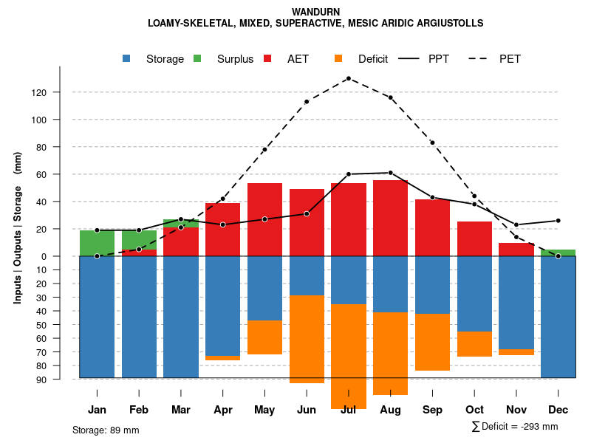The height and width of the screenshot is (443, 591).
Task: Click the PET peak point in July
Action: (348, 78)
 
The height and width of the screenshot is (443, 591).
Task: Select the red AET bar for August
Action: (390, 218)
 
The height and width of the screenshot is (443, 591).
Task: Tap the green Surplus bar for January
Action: (97, 243)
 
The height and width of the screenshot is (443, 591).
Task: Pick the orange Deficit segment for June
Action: (307, 339)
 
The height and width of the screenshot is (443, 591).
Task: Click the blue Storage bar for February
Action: (139, 317)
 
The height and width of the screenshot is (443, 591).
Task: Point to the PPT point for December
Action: (558, 221)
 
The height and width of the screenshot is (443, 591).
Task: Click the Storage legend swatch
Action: (127, 59)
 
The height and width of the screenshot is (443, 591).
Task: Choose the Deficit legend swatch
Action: (339, 59)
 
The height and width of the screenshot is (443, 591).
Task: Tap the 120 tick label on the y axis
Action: (59, 92)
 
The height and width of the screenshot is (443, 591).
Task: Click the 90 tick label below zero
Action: (62, 380)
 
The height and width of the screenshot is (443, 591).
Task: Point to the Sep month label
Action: (432, 410)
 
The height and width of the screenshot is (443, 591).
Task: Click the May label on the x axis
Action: (264, 410)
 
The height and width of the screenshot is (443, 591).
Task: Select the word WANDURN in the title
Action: (315, 12)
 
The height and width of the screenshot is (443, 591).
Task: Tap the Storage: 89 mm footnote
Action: (106, 430)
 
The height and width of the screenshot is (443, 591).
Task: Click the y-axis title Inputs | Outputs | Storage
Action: (18, 227)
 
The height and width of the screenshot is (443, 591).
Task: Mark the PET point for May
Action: (264, 150)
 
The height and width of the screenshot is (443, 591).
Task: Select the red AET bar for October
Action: (474, 238)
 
